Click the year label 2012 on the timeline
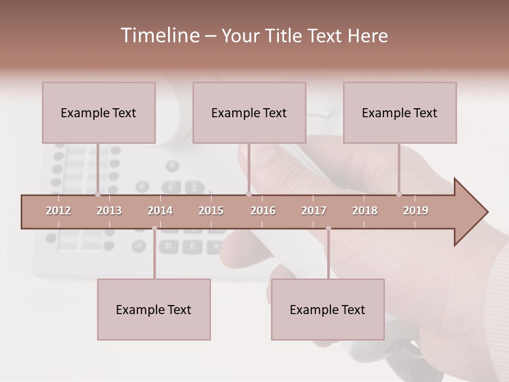pyautogui.click(x=58, y=211)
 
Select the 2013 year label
pyautogui.click(x=109, y=211)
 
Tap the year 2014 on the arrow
pyautogui.click(x=160, y=211)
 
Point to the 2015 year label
pyautogui.click(x=211, y=211)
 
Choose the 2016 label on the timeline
pyautogui.click(x=263, y=211)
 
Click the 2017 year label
pyautogui.click(x=314, y=211)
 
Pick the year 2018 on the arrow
pyautogui.click(x=365, y=211)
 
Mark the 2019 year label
pyautogui.click(x=416, y=211)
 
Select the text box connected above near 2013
pyautogui.click(x=99, y=112)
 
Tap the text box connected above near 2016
pyautogui.click(x=249, y=112)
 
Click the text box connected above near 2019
pyautogui.click(x=400, y=112)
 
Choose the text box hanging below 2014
pyautogui.click(x=154, y=309)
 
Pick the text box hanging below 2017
pyautogui.click(x=328, y=309)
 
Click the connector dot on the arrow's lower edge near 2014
pyautogui.click(x=154, y=228)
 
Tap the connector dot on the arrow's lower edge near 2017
pyautogui.click(x=328, y=228)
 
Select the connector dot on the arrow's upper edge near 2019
pyautogui.click(x=399, y=195)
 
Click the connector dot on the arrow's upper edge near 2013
pyautogui.click(x=98, y=195)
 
